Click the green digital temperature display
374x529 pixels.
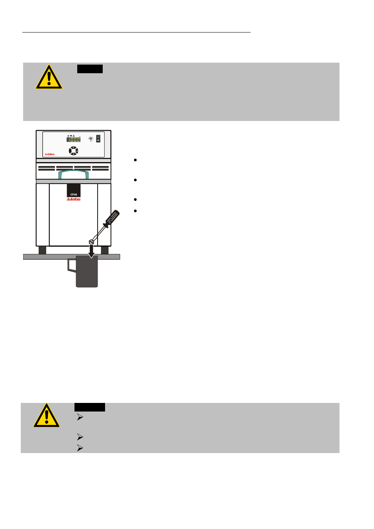(x=73, y=139)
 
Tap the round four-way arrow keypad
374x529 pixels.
(x=73, y=151)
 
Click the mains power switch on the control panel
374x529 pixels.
(x=98, y=138)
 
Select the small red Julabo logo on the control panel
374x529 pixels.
(x=49, y=154)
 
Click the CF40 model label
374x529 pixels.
(x=74, y=194)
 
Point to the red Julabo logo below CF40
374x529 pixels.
(x=73, y=199)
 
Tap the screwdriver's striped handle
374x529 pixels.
(x=112, y=218)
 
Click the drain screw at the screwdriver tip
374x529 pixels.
(x=91, y=242)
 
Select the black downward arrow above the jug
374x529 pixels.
(x=91, y=252)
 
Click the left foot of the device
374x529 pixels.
(x=42, y=250)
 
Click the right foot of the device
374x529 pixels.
(x=105, y=250)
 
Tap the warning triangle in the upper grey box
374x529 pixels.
(x=49, y=78)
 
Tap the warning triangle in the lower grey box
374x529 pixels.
(x=47, y=416)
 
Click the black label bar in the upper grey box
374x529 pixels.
(x=90, y=69)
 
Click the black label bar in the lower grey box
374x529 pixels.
(x=90, y=407)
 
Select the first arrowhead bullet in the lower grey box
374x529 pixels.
(x=80, y=417)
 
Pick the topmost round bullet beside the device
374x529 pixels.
(x=135, y=160)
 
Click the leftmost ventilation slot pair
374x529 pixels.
(x=47, y=168)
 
